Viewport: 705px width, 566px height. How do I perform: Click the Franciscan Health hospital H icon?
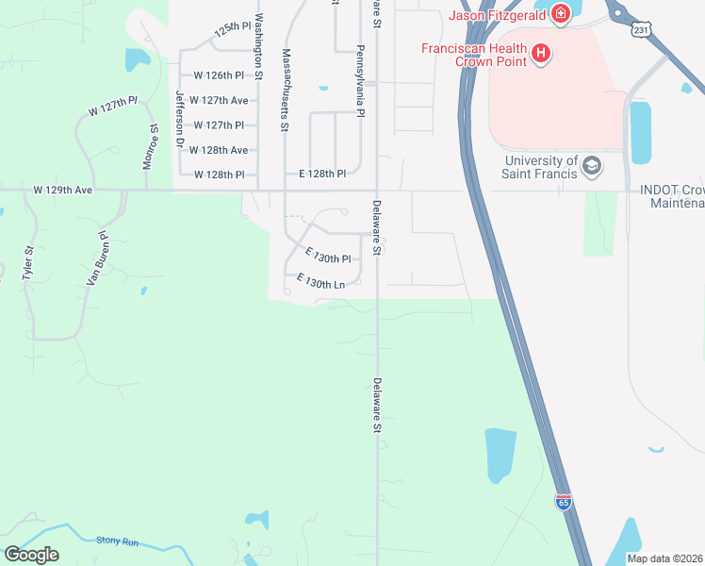coord(541,55)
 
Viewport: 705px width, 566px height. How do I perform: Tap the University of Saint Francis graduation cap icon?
coord(591,167)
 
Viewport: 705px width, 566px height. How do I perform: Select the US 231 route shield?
coord(641,31)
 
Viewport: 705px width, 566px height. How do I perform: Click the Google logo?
coord(31,555)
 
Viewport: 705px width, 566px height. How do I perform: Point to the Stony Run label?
coord(117,541)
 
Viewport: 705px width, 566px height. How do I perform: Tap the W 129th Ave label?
coord(63,190)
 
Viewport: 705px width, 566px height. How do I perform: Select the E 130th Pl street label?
coord(328,256)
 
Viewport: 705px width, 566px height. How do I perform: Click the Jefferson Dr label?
coord(179,120)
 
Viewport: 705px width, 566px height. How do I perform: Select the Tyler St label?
coord(28,261)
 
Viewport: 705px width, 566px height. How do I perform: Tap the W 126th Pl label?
coord(219,75)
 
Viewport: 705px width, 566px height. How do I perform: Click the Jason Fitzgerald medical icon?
coord(561,14)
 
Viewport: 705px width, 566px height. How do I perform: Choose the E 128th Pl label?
coord(322,175)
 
